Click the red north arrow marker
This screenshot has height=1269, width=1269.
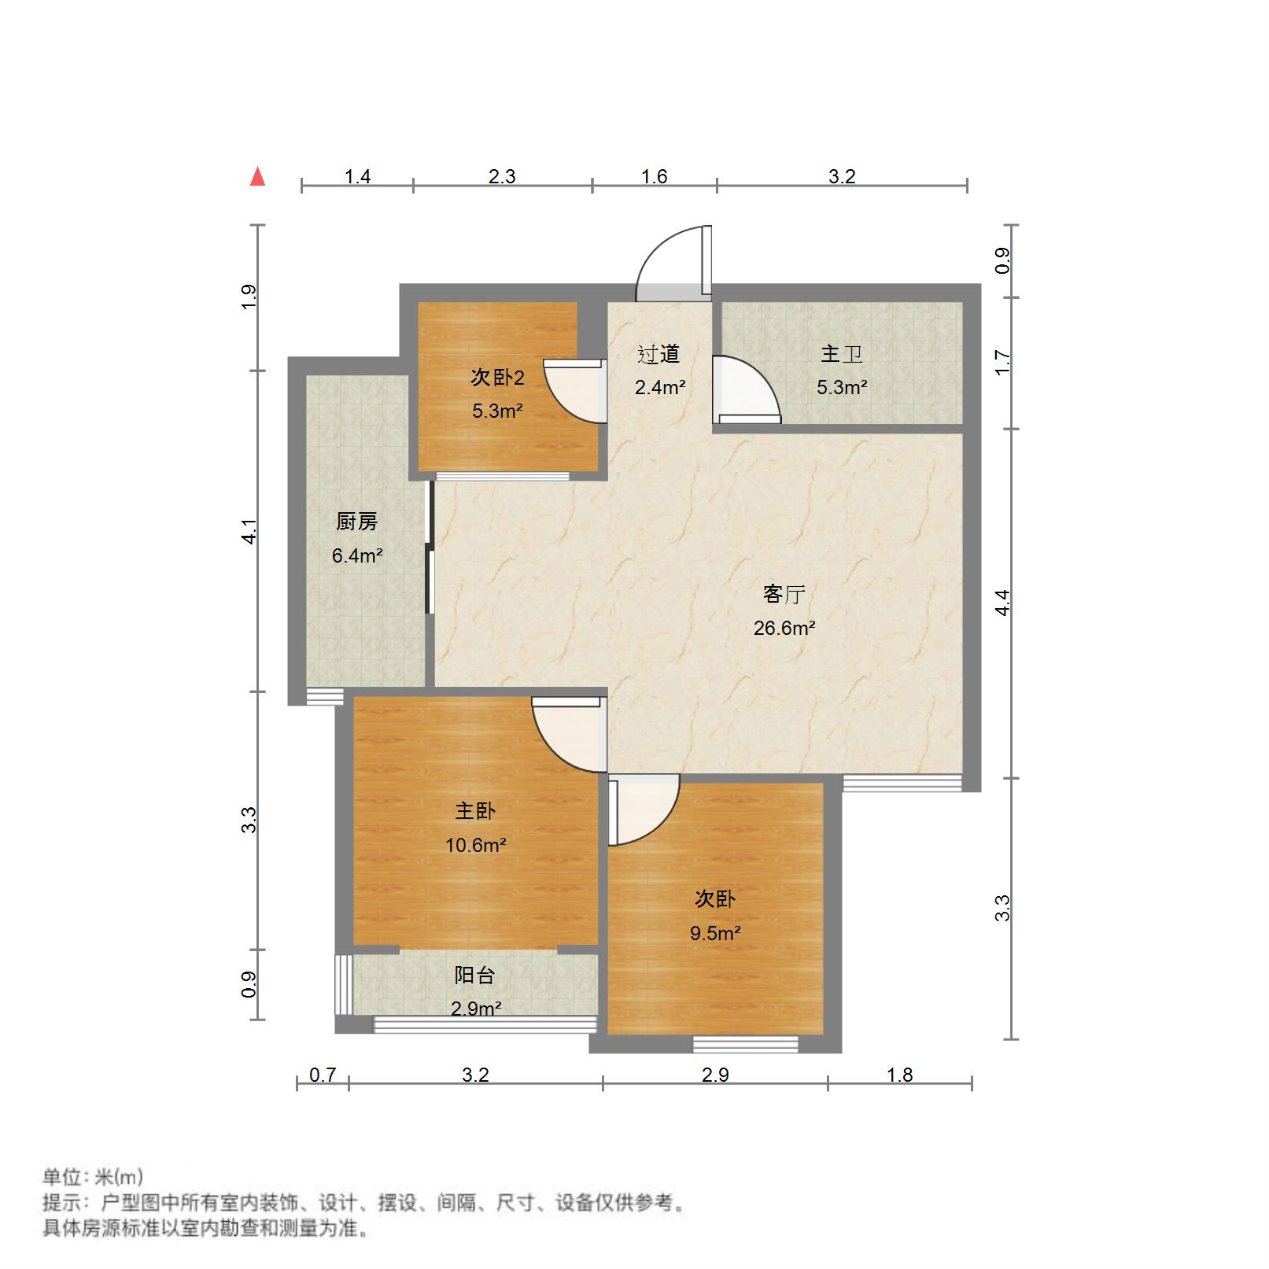257,176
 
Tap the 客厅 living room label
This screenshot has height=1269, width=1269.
784,594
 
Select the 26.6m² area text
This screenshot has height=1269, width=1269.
784,628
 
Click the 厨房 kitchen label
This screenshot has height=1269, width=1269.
356,521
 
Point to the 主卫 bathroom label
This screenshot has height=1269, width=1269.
841,354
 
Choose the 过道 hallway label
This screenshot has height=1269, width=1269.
658,354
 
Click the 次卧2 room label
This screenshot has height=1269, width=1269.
497,378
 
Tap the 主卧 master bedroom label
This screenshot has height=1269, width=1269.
475,811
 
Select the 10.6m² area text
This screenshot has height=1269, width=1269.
475,845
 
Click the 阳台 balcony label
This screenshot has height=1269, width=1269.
474,976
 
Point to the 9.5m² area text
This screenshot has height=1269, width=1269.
714,933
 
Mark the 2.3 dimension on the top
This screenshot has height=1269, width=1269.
502,176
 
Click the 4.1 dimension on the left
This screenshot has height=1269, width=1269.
249,531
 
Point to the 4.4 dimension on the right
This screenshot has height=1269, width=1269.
1002,603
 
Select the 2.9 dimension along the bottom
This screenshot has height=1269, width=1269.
714,1075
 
